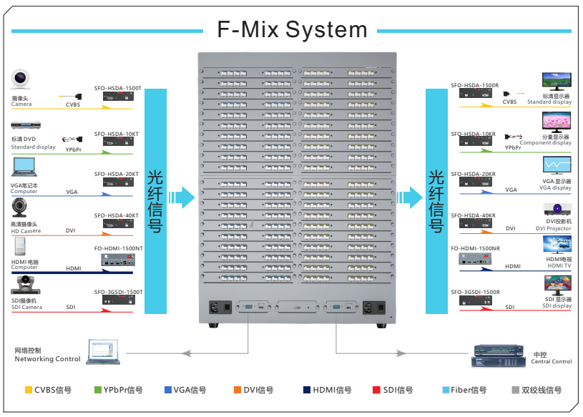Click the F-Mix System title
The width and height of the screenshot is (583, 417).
[292, 29]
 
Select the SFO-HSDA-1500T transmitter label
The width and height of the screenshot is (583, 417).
[118, 88]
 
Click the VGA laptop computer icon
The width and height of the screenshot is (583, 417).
[24, 167]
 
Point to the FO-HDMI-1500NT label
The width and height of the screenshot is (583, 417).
[118, 248]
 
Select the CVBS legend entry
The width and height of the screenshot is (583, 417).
[49, 390]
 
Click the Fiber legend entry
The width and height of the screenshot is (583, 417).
[464, 390]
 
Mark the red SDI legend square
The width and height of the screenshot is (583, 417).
[376, 390]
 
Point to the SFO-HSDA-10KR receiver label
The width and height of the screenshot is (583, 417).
[473, 134]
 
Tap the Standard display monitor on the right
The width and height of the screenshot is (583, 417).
[557, 81]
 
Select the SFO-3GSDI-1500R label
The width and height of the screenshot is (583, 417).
[475, 292]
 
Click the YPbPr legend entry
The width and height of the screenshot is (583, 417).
[118, 390]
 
